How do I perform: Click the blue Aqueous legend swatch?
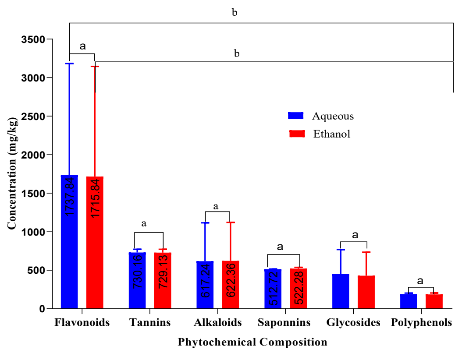(x=296, y=116)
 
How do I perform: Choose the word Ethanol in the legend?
(x=332, y=134)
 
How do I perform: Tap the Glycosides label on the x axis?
(x=353, y=323)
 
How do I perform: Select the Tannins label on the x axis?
(x=150, y=323)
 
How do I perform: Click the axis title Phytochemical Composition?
(x=252, y=342)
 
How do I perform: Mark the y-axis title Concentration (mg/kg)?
(x=12, y=173)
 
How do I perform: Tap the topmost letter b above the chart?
(x=234, y=13)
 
